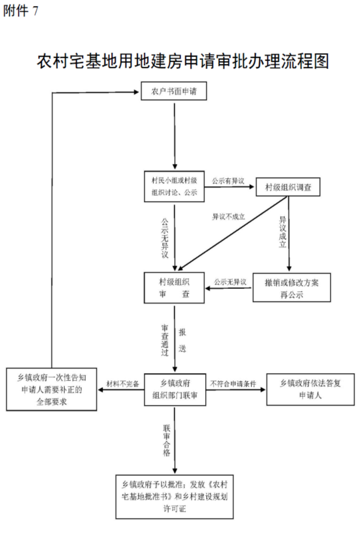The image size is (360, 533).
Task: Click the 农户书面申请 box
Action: click(173, 91)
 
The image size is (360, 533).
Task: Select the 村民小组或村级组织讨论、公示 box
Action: click(174, 186)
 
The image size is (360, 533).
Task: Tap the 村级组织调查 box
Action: click(288, 187)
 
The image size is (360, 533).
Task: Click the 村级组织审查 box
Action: click(174, 288)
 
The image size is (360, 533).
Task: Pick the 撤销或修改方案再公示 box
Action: click(291, 288)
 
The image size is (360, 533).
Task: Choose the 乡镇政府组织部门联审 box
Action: click(175, 389)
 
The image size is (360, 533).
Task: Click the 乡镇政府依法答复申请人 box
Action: click(310, 389)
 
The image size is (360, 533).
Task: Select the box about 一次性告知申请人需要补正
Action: click(51, 389)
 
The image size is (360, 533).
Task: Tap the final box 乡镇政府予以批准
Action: click(175, 497)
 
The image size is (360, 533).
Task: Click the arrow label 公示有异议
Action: click(228, 181)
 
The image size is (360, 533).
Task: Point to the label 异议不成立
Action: click(228, 217)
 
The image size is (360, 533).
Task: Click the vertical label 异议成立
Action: click(282, 232)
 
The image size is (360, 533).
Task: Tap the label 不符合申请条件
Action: click(233, 384)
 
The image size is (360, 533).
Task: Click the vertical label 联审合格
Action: click(167, 440)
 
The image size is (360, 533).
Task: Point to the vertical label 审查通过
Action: click(165, 340)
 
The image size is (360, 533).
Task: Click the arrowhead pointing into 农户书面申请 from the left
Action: click(137, 92)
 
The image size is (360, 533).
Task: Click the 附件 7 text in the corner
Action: click(21, 11)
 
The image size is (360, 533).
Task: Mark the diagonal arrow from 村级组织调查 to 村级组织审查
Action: click(232, 233)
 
